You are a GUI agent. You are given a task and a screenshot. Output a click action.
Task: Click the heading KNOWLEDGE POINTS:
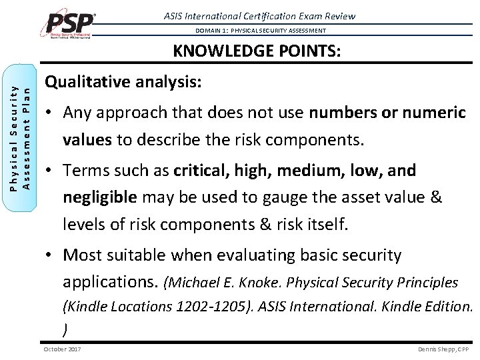(257, 51)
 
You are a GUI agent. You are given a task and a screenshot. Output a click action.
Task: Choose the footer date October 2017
(62, 349)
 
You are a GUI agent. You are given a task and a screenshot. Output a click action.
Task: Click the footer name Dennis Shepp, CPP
(443, 349)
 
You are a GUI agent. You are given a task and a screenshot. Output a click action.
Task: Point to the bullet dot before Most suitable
(49, 255)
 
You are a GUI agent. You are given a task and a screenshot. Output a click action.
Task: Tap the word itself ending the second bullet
(323, 225)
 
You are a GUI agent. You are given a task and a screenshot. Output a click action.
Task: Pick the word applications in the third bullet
(110, 282)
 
